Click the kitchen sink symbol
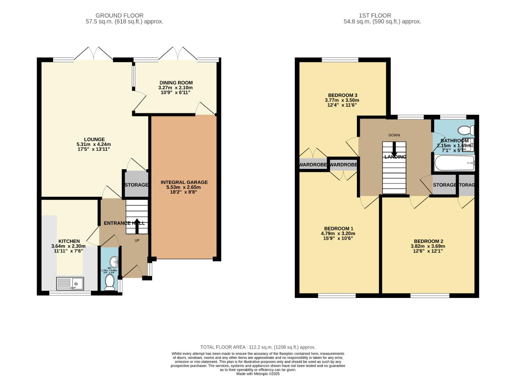[70, 283]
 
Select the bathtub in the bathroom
[454, 163]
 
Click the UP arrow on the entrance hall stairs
[136, 226]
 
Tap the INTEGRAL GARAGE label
[184, 182]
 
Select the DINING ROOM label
[176, 83]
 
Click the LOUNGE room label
[94, 139]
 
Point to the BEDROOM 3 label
[343, 95]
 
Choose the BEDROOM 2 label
[428, 241]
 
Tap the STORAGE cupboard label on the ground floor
[136, 185]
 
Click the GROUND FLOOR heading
[119, 15]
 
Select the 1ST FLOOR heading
[375, 15]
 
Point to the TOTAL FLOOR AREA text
[258, 347]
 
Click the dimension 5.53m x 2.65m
[184, 187]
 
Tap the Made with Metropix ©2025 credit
[258, 374]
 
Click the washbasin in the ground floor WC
[114, 261]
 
